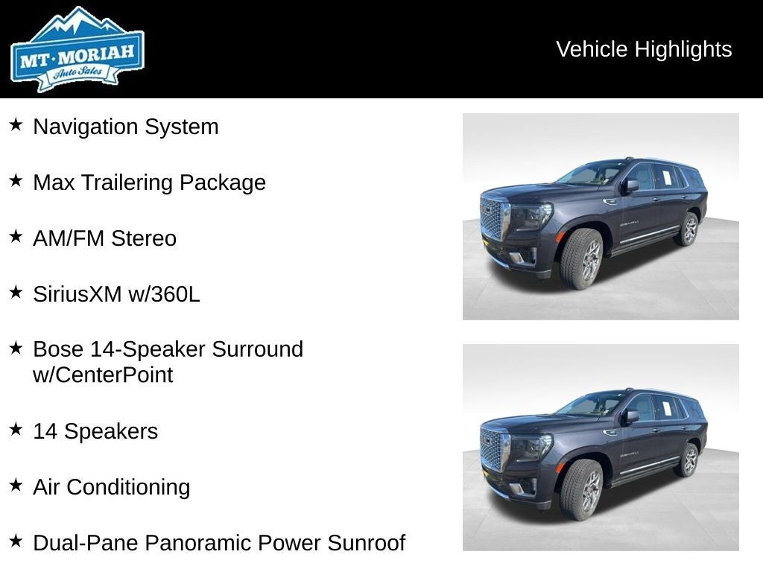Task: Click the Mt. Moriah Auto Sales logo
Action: click(x=77, y=50)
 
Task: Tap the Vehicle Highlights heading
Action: click(x=644, y=49)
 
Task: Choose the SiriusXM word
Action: click(x=77, y=294)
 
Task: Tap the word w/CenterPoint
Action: click(x=103, y=375)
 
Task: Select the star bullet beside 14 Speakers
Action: click(x=16, y=429)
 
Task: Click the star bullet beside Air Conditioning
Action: click(x=16, y=485)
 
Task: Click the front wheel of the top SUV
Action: click(x=582, y=258)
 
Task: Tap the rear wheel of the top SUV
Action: click(x=687, y=229)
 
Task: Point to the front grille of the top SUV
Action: click(x=493, y=220)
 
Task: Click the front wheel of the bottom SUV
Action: click(x=582, y=489)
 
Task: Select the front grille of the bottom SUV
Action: click(x=493, y=451)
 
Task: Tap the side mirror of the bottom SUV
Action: click(x=631, y=416)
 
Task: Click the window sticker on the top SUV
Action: click(x=667, y=177)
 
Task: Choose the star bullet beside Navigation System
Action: click(x=16, y=124)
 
